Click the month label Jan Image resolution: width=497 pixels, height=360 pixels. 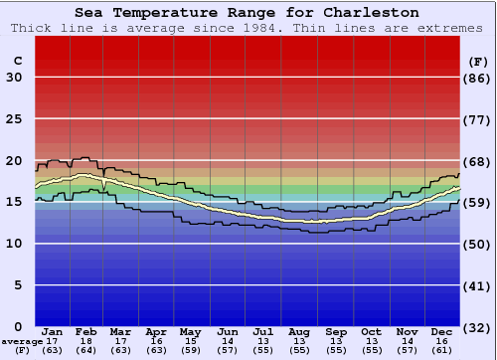click(x=53, y=331)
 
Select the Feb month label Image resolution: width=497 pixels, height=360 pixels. click(x=86, y=331)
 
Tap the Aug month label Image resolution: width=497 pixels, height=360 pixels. click(x=299, y=331)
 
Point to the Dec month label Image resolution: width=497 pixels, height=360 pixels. click(x=441, y=331)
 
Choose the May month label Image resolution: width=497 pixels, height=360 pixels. click(x=189, y=331)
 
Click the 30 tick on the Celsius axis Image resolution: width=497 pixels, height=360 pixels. click(x=15, y=78)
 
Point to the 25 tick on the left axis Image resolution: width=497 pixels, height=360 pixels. click(x=15, y=119)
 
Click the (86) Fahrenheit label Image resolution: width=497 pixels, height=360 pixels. click(x=478, y=78)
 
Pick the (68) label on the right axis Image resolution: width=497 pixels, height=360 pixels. click(x=478, y=161)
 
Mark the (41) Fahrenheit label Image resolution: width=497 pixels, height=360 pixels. click(x=478, y=285)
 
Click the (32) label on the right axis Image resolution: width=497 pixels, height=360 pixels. click(x=478, y=327)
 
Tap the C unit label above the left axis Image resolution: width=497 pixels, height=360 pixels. click(x=17, y=61)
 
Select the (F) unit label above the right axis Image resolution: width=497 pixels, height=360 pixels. click(x=478, y=61)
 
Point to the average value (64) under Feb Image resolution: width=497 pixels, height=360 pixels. click(x=86, y=350)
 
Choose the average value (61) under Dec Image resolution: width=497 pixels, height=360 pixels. click(x=441, y=350)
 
